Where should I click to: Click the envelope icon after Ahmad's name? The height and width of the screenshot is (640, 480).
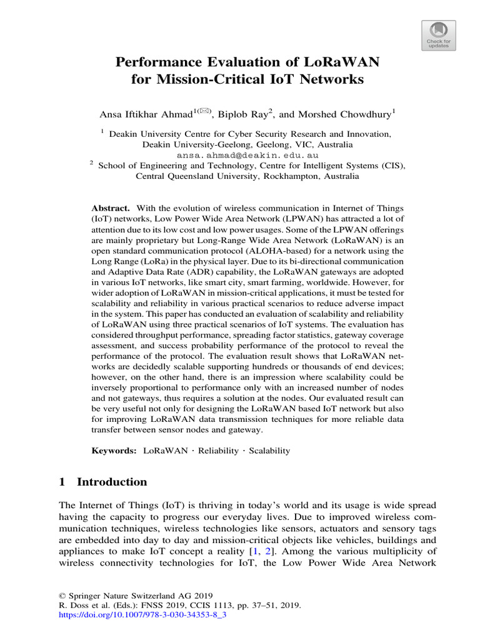[206, 111]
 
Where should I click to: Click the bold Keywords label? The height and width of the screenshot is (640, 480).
[114, 451]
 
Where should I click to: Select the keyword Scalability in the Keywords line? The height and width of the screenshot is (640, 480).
[269, 451]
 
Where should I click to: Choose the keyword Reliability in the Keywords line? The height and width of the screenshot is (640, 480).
[219, 451]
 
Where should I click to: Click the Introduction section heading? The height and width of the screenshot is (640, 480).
[112, 482]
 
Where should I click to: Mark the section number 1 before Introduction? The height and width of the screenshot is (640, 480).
[62, 482]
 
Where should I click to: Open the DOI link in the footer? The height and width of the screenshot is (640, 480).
[142, 615]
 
